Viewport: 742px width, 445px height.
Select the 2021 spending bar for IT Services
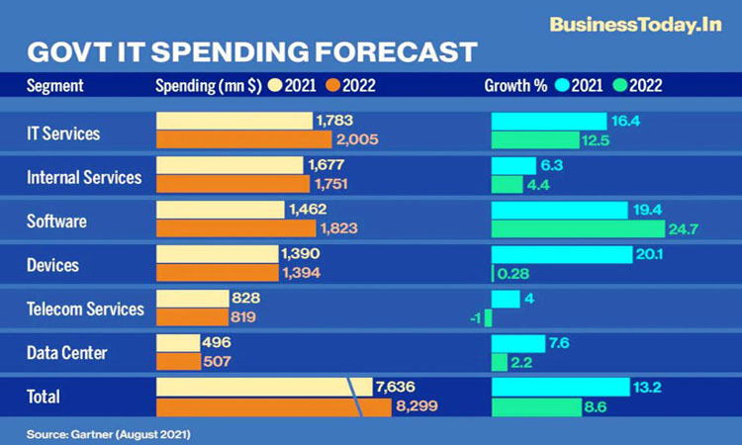[233, 121]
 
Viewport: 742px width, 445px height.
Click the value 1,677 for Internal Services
[327, 164]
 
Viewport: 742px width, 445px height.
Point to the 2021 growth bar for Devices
[561, 254]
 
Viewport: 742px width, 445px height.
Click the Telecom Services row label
[84, 309]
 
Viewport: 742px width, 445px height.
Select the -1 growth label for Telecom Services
[477, 317]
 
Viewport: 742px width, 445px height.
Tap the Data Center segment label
[66, 352]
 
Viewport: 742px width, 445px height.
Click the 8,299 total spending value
[415, 405]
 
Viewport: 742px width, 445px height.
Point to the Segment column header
[54, 85]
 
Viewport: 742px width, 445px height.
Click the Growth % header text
[515, 85]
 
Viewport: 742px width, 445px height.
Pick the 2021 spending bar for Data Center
[178, 342]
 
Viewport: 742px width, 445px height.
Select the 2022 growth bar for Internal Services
[507, 184]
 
